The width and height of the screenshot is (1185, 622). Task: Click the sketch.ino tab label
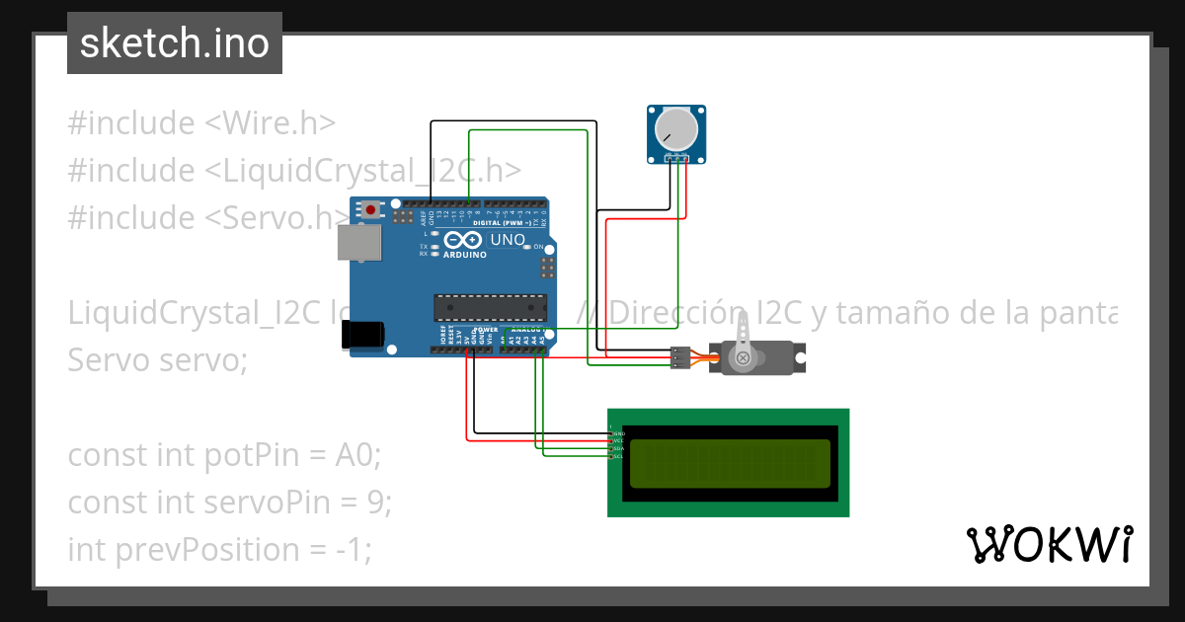pyautogui.click(x=174, y=43)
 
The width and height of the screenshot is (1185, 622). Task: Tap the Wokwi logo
pyautogui.click(x=1049, y=544)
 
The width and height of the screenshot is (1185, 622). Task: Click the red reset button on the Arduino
pyautogui.click(x=371, y=209)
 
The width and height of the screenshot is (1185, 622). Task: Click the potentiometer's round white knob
pyautogui.click(x=676, y=128)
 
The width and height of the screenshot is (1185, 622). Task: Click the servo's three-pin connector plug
pyautogui.click(x=679, y=357)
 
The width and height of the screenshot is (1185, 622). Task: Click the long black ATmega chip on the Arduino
pyautogui.click(x=490, y=307)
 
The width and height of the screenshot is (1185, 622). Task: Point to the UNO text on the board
pyautogui.click(x=508, y=240)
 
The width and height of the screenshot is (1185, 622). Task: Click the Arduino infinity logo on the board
pyautogui.click(x=462, y=240)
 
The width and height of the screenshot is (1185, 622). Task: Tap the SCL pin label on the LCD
pyautogui.click(x=618, y=456)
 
